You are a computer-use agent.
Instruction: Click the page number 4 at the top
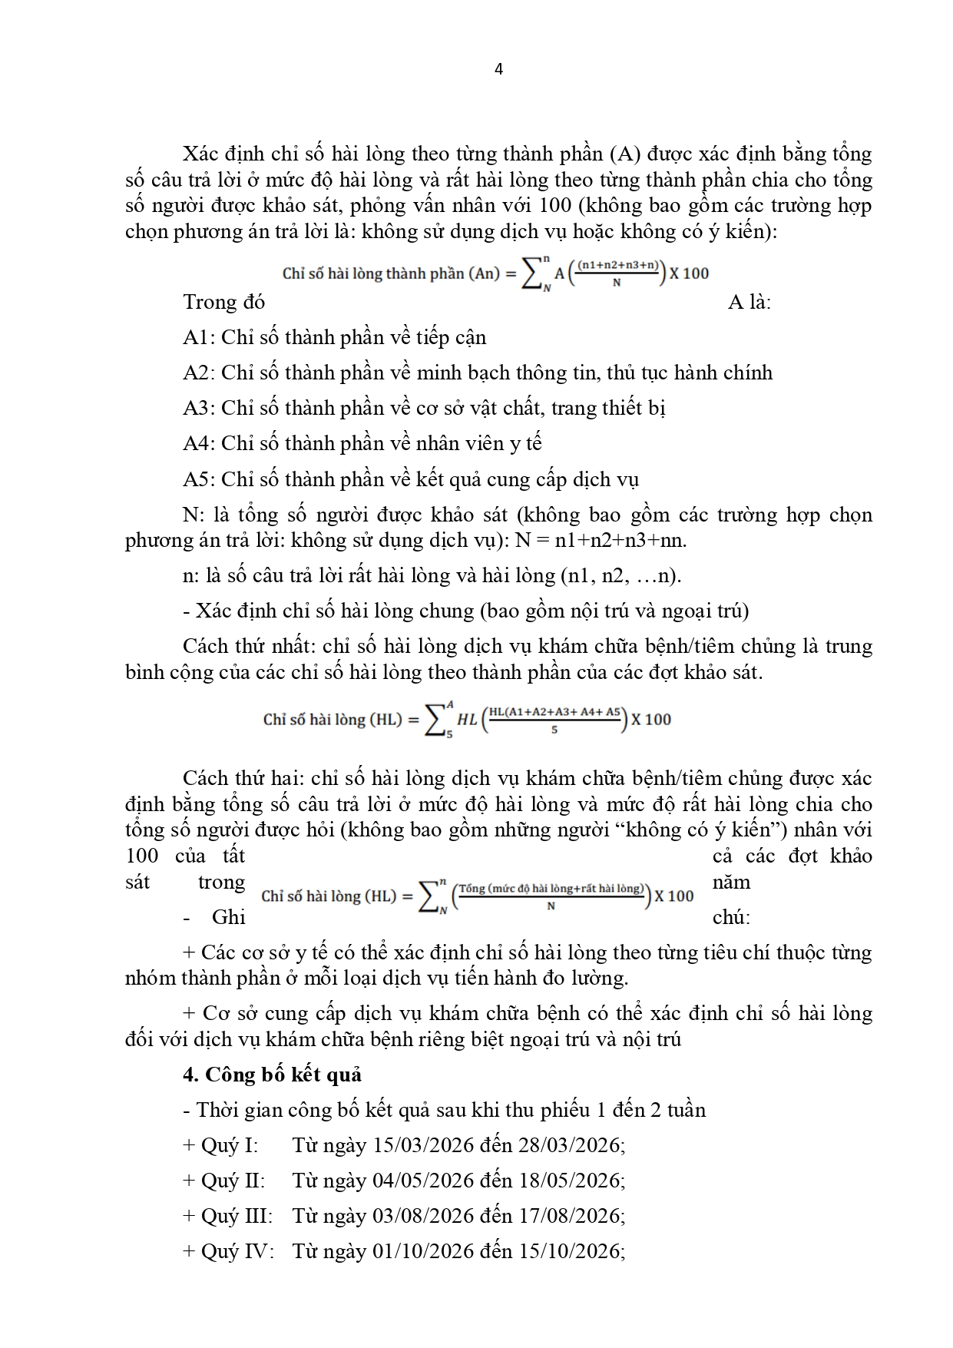click(x=498, y=69)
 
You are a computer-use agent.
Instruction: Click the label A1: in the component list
click(x=200, y=337)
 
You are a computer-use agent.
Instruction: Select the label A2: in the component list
click(x=200, y=373)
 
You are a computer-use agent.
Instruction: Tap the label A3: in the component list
click(x=200, y=408)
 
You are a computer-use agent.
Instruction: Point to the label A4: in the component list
click(x=200, y=443)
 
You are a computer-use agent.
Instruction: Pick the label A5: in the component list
click(x=200, y=479)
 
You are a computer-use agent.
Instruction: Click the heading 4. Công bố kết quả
click(x=272, y=1074)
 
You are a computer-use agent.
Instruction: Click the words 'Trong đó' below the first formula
click(x=223, y=302)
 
